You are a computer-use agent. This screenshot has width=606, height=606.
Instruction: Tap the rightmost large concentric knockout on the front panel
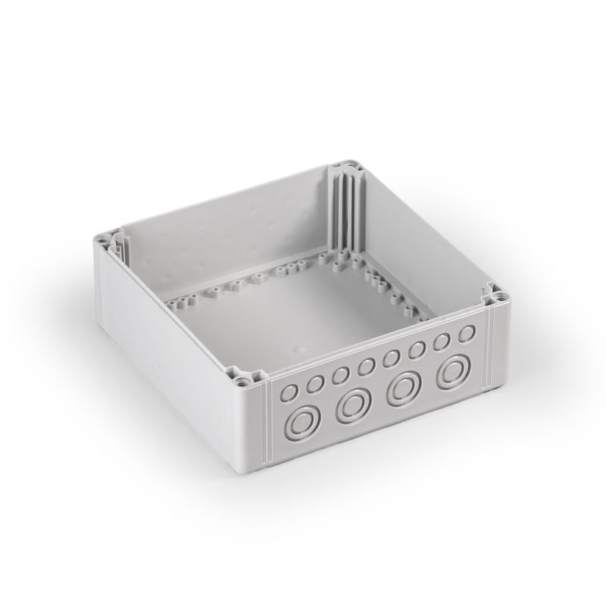point(454,372)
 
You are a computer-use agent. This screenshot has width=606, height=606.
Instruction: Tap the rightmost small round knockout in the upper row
point(466,333)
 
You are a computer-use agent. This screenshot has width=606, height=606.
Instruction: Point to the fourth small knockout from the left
point(366,367)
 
